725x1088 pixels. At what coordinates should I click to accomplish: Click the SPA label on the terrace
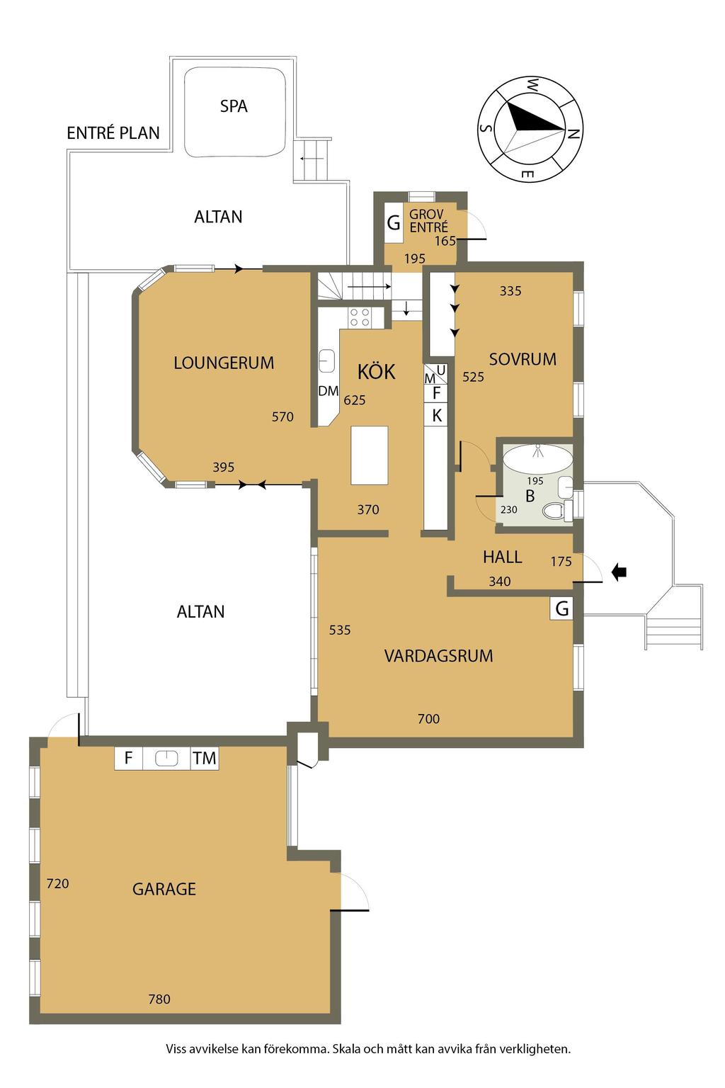pos(234,106)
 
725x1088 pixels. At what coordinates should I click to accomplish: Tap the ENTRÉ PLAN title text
pos(113,132)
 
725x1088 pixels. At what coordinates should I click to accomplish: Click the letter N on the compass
pos(573,133)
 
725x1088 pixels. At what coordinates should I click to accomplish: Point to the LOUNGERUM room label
pos(224,363)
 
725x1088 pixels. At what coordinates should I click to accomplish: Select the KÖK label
pos(377,372)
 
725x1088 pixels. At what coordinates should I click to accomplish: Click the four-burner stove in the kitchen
pos(360,317)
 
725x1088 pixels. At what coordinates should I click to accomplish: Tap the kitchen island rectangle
pos(370,455)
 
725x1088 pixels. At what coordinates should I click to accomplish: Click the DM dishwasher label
pos(329,390)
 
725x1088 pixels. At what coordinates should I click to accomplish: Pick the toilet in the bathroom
pos(554,511)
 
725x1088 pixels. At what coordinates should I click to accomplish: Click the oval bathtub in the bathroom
pos(537,458)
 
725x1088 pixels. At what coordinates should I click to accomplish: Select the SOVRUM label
pos(523,359)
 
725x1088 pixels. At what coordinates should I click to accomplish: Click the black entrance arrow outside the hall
pos(619,572)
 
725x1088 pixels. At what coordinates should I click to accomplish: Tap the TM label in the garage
pos(205,758)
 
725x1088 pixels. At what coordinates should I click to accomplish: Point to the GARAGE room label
pos(164,889)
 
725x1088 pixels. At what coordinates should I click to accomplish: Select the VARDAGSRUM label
pos(438,656)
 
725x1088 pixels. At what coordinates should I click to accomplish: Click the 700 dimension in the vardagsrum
pos(429,718)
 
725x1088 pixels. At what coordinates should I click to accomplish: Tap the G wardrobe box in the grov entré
pos(394,223)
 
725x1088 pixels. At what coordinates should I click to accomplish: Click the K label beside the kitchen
pos(437,415)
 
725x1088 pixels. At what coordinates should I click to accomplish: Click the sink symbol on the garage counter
pos(166,758)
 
